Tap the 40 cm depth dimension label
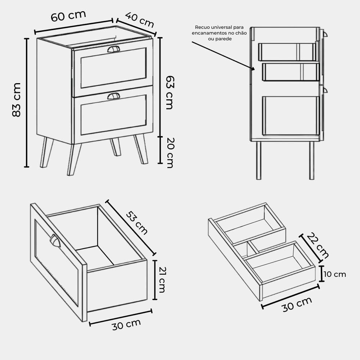140,20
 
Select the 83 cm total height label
17,100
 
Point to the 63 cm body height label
170,93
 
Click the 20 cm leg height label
170,153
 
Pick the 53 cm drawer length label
137,223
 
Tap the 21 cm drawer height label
162,280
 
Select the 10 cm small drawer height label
335,274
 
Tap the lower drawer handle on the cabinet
113,96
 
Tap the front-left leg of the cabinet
74,159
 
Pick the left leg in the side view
258,160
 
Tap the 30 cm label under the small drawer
297,305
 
